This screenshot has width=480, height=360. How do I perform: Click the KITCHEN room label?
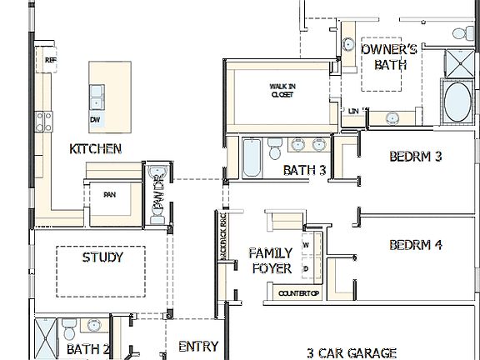[x=96, y=149]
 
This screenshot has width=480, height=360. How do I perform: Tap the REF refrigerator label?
[x=50, y=60]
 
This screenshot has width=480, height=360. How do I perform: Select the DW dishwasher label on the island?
[x=95, y=120]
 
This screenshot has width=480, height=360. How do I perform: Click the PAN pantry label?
[x=109, y=195]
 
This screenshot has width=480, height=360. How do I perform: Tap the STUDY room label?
[x=102, y=257]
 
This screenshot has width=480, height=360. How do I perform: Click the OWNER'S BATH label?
[x=389, y=56]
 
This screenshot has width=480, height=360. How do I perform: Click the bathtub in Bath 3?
[x=252, y=158]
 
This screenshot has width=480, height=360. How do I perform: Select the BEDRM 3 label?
[x=415, y=156]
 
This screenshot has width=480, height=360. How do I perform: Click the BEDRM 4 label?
[x=415, y=245]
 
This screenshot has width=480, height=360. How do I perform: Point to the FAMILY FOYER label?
[x=272, y=260]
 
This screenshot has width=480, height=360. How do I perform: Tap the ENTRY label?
[x=198, y=347]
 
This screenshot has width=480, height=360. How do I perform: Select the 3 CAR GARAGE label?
[x=351, y=352]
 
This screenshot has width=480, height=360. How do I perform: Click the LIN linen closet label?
[x=353, y=110]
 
